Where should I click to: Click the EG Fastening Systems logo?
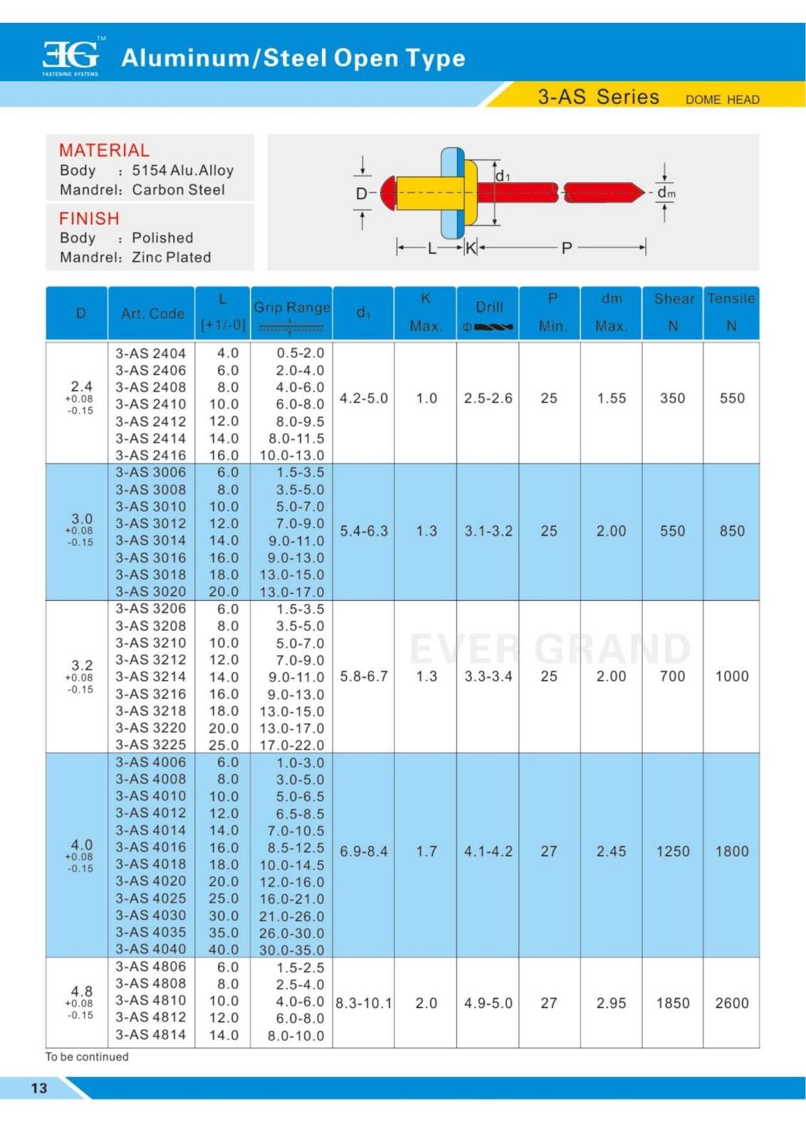[71, 56]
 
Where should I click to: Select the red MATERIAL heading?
[104, 150]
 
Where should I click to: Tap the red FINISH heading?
[89, 218]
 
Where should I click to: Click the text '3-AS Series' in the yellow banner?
[598, 97]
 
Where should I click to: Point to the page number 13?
[38, 1087]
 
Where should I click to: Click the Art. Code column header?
[152, 313]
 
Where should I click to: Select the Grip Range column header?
[292, 308]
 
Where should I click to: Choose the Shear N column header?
[674, 312]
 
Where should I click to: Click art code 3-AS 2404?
[151, 353]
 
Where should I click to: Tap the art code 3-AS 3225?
[151, 745]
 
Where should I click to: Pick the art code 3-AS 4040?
[151, 949]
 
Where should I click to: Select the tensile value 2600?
[732, 1003]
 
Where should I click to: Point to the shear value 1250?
[673, 851]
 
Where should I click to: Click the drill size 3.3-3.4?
[488, 676]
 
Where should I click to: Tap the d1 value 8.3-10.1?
[363, 1003]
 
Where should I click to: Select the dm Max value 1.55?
[612, 398]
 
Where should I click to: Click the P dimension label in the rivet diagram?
[567, 248]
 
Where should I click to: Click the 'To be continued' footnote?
[87, 1056]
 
